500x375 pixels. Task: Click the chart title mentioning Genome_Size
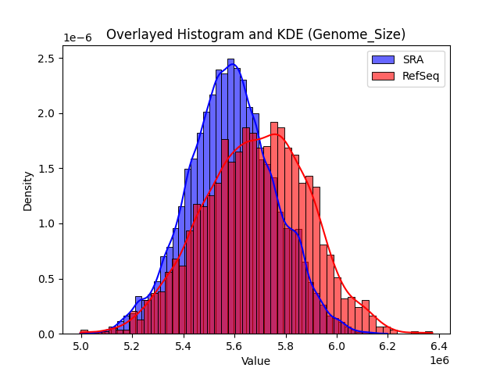pos(255,34)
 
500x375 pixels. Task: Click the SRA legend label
pos(414,59)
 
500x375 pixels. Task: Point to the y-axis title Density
pos(28,191)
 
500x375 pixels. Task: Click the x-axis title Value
pos(255,361)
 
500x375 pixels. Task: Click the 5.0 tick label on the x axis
pos(82,346)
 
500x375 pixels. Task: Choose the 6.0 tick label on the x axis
pos(337,346)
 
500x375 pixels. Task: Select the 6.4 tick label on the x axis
pos(438,346)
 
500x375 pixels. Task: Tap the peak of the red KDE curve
pos(273,134)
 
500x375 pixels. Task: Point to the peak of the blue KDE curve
pos(233,66)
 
